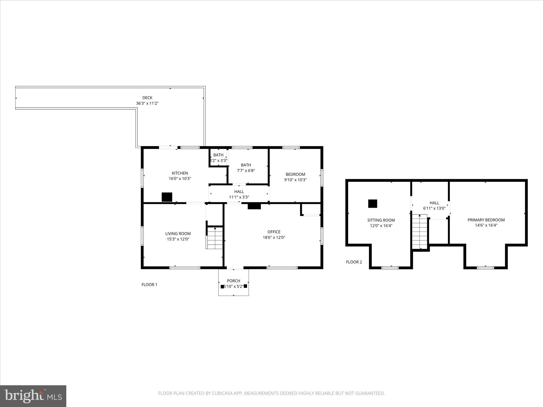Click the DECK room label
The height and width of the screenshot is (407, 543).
pos(147,98)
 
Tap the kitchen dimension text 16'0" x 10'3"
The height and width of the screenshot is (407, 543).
pos(180,179)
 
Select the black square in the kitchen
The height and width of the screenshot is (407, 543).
pos(167,197)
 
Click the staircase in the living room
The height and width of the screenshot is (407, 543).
pos(215,238)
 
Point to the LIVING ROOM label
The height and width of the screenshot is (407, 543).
pos(178,233)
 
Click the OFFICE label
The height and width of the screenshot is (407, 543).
pos(274,232)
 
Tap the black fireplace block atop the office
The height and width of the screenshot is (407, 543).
pos(254,206)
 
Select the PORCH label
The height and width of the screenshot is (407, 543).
pos(233,281)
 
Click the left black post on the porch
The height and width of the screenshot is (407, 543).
pos(222,286)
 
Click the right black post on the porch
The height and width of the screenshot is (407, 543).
pos(245,286)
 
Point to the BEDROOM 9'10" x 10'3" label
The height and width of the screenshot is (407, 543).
pos(295,174)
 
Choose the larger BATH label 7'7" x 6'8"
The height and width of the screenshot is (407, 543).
pos(246,165)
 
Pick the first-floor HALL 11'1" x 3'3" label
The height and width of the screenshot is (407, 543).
pos(239,192)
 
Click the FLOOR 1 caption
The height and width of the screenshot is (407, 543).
pos(149,285)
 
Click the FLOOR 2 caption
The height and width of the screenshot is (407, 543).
pos(354,262)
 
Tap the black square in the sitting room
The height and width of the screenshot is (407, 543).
pos(373,203)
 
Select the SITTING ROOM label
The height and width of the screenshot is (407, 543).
pos(381,220)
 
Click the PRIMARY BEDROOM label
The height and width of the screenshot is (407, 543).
pos(486,220)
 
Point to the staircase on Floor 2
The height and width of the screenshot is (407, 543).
pos(420,232)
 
